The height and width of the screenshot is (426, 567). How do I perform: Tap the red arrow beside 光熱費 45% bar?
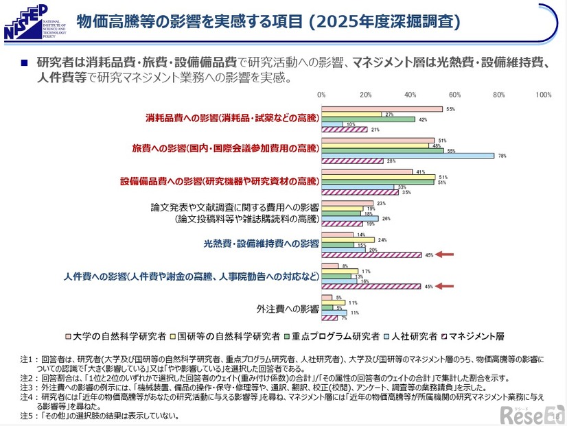[447, 255]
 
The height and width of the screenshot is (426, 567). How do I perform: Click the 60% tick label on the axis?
[454, 95]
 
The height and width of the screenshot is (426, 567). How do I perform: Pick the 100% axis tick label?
[542, 95]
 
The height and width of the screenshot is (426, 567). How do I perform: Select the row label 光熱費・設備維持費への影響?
[261, 244]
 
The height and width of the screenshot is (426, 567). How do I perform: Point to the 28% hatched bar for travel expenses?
[352, 162]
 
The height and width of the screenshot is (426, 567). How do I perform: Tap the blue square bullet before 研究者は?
[23, 62]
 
